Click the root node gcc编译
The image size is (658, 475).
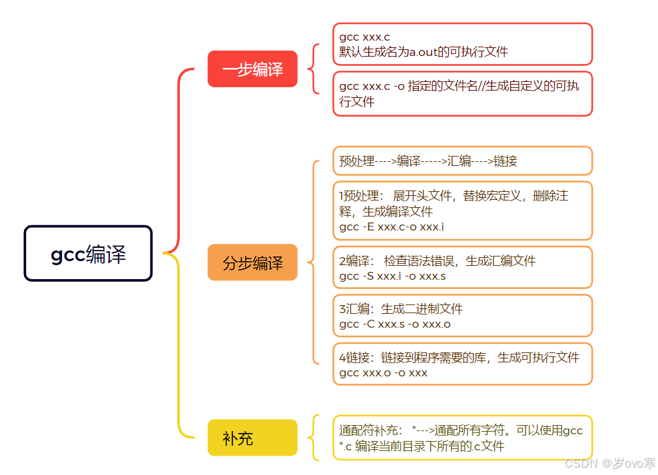pos(88,253)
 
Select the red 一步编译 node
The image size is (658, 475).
pos(252,69)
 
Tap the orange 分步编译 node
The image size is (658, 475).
pos(252,262)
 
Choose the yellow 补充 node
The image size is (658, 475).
pos(252,438)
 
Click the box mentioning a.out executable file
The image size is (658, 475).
pos(462,44)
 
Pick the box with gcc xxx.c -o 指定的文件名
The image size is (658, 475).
pos(462,94)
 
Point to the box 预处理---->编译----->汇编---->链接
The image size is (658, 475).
pos(462,161)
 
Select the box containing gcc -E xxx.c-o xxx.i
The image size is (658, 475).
pos(462,211)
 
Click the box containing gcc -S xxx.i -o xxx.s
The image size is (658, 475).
pos(462,268)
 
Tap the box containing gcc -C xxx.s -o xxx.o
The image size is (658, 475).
pos(462,316)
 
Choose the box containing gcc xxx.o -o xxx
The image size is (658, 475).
pos(462,364)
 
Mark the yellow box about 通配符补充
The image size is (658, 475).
pos(462,438)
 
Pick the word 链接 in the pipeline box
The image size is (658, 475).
pos(505,161)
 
